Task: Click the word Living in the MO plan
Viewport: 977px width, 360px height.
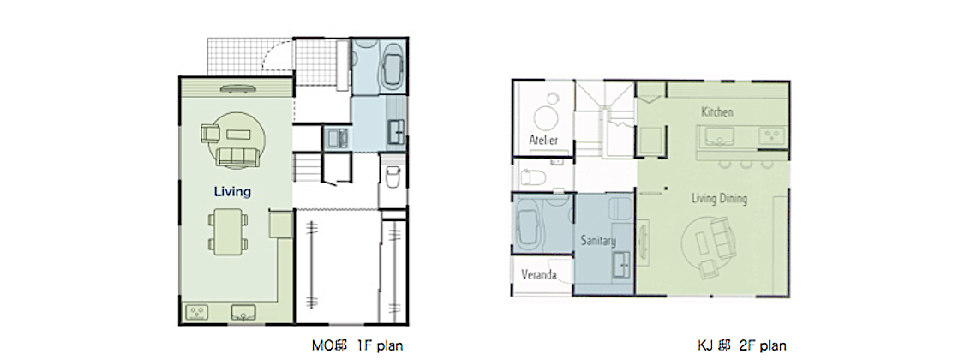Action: [x=231, y=191]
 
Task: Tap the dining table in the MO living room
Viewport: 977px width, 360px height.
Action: [x=227, y=232]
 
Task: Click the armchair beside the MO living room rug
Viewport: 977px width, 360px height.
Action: [x=211, y=134]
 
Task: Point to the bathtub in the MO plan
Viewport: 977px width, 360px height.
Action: [x=393, y=71]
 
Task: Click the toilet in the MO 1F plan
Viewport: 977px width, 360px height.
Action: [x=393, y=177]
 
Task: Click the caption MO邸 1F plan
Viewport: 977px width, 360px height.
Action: [x=357, y=345]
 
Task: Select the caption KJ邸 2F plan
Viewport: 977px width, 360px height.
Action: [x=741, y=345]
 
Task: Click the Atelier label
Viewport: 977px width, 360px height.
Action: [x=542, y=139]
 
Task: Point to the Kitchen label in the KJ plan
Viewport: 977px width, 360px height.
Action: [x=717, y=112]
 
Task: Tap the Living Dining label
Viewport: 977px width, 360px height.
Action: [x=720, y=199]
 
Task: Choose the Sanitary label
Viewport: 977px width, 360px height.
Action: [x=598, y=240]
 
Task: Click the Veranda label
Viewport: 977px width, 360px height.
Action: [x=539, y=274]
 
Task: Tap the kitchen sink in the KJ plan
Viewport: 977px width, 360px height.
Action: [x=720, y=136]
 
